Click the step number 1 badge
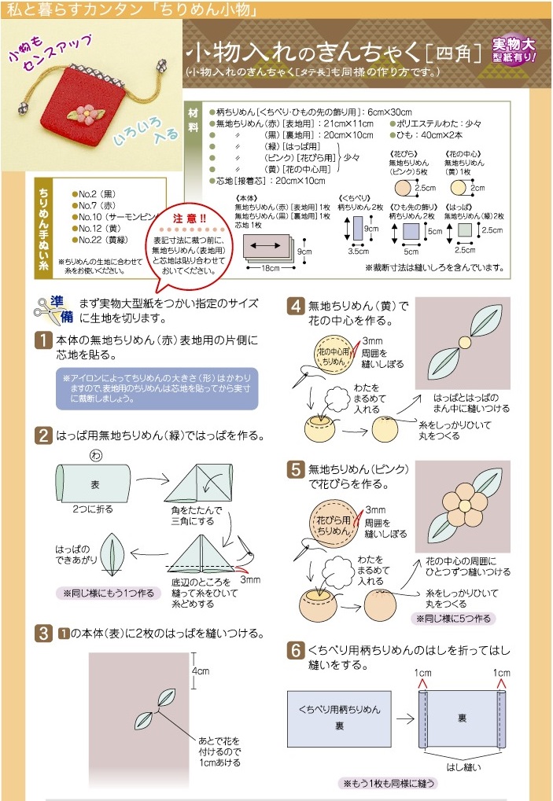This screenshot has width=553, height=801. tap(43, 340)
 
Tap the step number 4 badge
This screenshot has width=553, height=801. tap(296, 306)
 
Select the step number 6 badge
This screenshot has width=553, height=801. tap(296, 650)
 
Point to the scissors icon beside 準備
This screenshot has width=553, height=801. tap(46, 311)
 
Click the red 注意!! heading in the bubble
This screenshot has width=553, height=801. tap(189, 219)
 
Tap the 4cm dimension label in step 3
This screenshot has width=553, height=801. tap(201, 671)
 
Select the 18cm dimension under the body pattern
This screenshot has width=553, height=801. tap(271, 268)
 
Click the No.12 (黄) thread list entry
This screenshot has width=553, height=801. tap(100, 228)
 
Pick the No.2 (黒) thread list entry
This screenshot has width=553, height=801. tap(98, 194)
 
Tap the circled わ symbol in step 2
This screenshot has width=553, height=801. tap(95, 454)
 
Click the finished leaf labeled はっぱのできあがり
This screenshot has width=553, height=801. tap(112, 554)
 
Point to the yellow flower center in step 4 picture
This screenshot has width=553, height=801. tap(465, 342)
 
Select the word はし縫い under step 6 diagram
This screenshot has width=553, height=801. tap(464, 766)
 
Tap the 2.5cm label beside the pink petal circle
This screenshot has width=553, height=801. tap(426, 188)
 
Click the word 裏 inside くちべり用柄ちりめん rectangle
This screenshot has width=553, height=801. tap(339, 726)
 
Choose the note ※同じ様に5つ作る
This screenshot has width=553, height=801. tap(453, 619)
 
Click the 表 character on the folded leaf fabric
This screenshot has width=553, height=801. tap(95, 485)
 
